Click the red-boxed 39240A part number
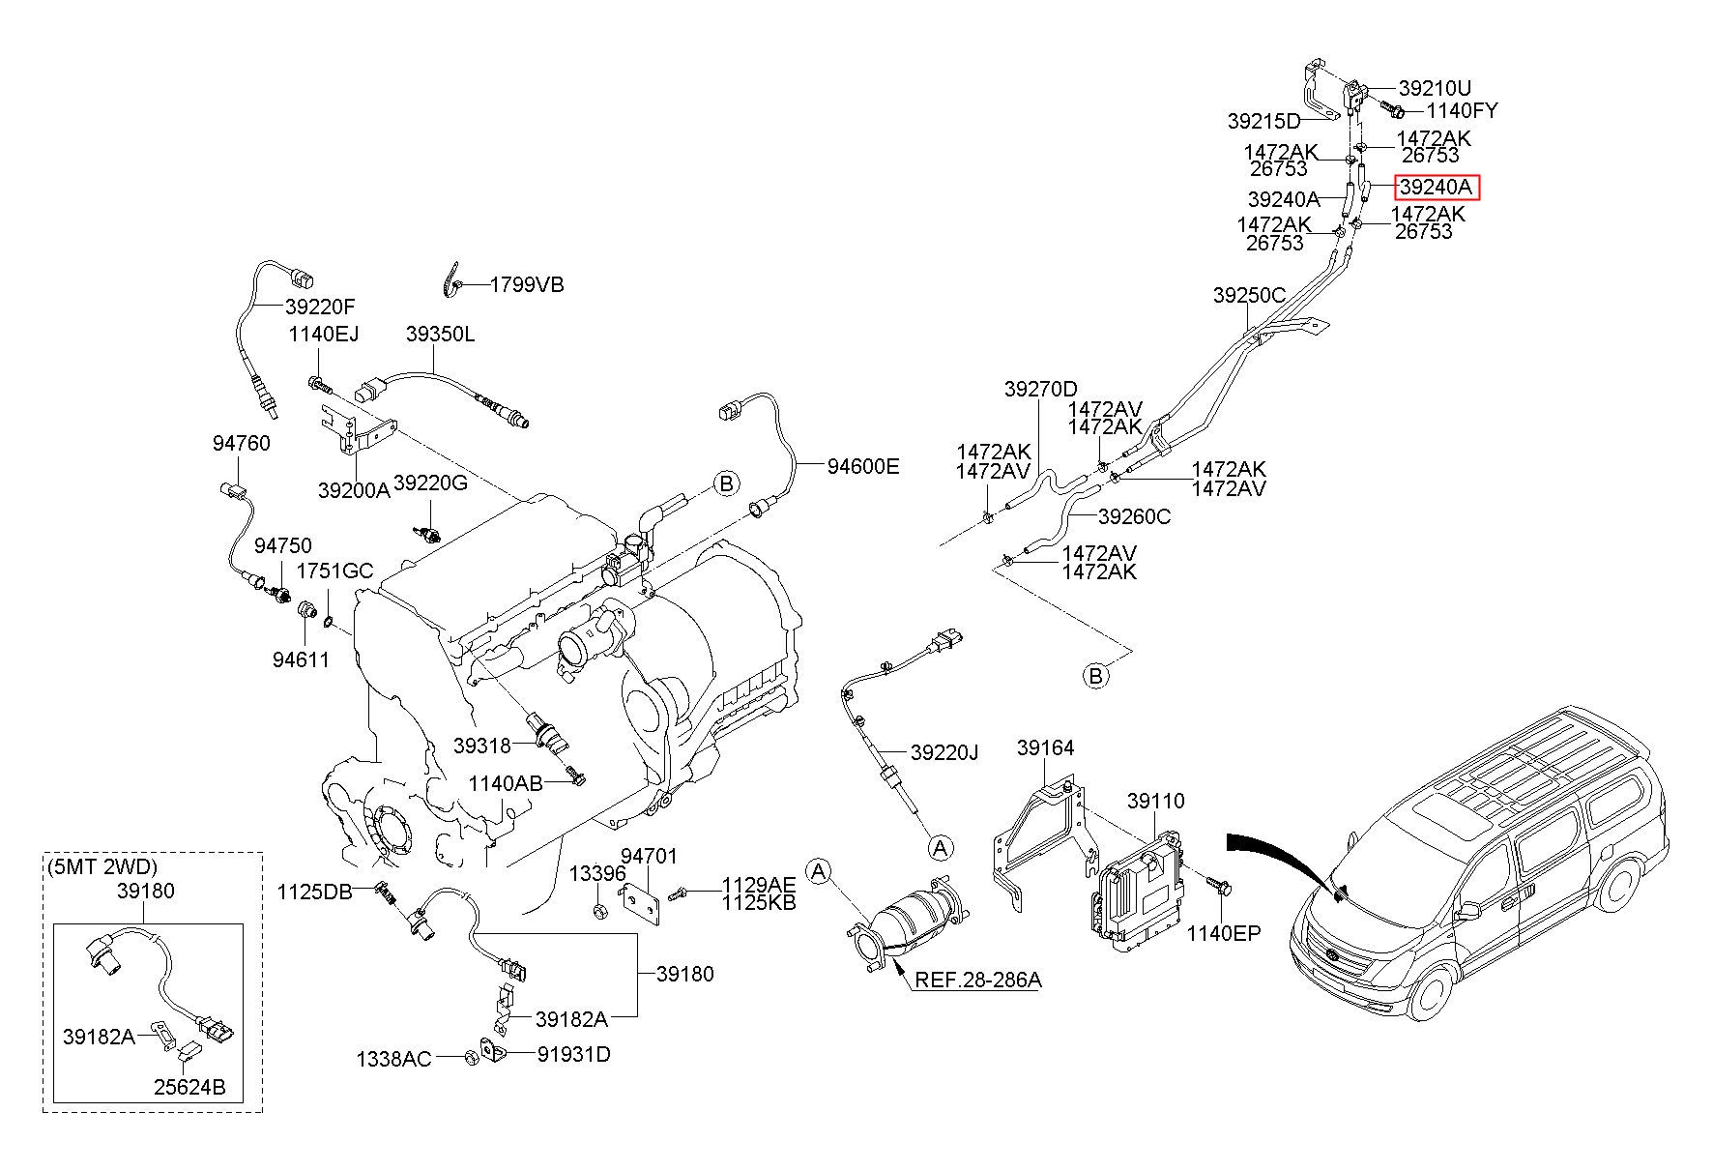[x=1437, y=188]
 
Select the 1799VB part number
[x=527, y=284]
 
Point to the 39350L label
[x=440, y=334]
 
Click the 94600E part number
[x=862, y=466]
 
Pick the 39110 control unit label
[x=1155, y=801]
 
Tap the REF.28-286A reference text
[x=978, y=980]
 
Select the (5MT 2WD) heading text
[x=102, y=866]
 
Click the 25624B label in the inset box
[x=189, y=1088]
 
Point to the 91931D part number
[x=574, y=1054]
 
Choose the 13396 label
[x=597, y=873]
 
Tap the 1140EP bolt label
[x=1224, y=933]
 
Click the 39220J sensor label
[x=944, y=751]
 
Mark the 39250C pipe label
[x=1249, y=295]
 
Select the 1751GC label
[x=334, y=571]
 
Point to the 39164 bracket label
[x=1046, y=747]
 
